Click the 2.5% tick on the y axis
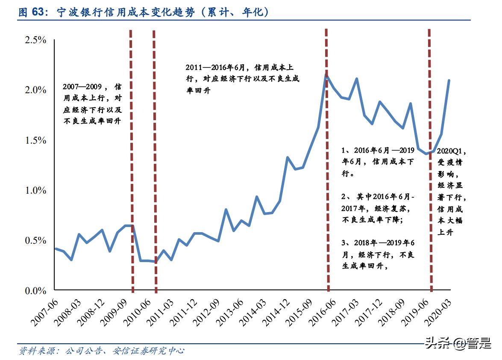pyautogui.click(x=35, y=40)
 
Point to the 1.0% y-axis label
pyautogui.click(x=35, y=190)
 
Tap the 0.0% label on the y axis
pyautogui.click(x=35, y=291)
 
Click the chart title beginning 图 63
pyautogui.click(x=144, y=12)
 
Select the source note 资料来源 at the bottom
pyautogui.click(x=101, y=351)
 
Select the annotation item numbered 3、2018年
pyautogui.click(x=378, y=254)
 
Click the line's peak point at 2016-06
pyautogui.click(x=326, y=76)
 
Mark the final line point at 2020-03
pyautogui.click(x=449, y=80)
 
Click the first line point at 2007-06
pyautogui.click(x=56, y=248)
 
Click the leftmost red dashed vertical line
pyautogui.click(x=132, y=162)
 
